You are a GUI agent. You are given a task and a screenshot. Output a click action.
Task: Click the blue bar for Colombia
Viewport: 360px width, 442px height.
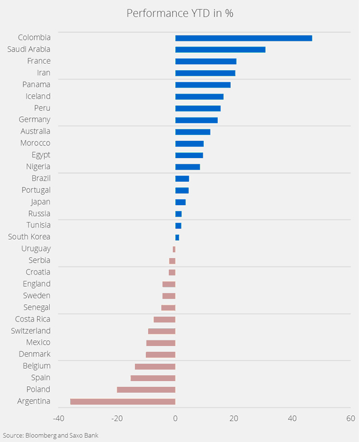click(x=243, y=38)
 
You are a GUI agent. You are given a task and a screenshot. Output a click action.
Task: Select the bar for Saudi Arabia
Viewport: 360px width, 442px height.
click(x=220, y=49)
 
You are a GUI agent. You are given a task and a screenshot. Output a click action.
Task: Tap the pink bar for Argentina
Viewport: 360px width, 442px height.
click(x=122, y=401)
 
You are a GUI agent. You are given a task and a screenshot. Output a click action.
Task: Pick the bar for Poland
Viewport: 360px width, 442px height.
click(x=146, y=390)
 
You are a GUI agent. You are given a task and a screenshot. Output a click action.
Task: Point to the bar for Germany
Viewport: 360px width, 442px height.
click(x=196, y=120)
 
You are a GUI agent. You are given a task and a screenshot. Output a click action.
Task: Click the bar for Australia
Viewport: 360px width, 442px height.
click(x=192, y=132)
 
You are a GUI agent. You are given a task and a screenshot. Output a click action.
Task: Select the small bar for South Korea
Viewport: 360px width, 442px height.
click(x=177, y=237)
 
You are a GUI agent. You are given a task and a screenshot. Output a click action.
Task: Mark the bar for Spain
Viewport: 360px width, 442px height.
click(x=153, y=378)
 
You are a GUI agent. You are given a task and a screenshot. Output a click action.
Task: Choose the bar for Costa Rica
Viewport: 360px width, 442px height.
click(x=164, y=320)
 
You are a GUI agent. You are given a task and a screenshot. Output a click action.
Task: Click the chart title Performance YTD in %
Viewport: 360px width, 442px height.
click(x=179, y=13)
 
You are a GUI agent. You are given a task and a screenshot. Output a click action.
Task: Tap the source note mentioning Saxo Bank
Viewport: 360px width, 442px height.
click(x=51, y=435)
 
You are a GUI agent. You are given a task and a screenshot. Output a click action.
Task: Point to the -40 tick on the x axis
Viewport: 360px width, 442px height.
click(x=58, y=418)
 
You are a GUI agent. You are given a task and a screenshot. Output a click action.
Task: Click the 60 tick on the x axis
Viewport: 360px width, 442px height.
click(x=350, y=418)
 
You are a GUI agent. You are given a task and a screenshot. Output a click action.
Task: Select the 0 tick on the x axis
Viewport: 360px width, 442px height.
click(x=175, y=418)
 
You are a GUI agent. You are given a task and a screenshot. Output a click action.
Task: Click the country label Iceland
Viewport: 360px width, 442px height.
click(x=38, y=97)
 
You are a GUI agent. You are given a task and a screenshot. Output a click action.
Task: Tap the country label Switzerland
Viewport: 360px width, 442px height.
click(x=31, y=331)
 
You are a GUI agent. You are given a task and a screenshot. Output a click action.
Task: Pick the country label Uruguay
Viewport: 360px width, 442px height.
click(x=36, y=249)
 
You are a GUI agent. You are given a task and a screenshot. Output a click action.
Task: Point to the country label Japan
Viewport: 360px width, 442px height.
click(x=40, y=202)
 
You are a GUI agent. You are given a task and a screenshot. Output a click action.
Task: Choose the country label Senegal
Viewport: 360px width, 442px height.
click(x=37, y=308)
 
